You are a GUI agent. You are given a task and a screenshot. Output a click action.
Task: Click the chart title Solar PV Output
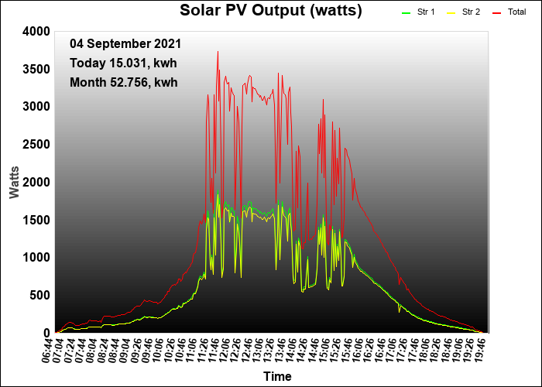271,11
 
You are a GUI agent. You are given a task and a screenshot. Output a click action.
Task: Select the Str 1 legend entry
418,12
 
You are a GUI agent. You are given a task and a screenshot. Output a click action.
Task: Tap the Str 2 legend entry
463,12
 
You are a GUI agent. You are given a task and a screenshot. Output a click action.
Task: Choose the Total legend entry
509,12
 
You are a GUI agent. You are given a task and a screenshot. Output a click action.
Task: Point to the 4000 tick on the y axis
36,32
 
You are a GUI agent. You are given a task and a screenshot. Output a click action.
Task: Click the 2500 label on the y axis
36,145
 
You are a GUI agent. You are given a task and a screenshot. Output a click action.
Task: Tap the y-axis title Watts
14,183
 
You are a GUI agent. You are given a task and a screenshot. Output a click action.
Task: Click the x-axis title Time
277,376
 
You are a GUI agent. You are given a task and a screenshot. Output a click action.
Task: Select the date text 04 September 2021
125,44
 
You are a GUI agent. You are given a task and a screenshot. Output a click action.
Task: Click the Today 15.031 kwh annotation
123,63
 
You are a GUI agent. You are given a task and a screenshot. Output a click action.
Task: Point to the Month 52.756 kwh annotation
124,83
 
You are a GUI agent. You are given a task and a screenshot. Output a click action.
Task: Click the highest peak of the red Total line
218,52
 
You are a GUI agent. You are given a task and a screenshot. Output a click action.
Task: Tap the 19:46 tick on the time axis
480,351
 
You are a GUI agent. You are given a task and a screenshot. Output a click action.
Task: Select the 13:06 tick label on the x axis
259,351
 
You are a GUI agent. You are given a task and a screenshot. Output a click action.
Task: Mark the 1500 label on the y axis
36,220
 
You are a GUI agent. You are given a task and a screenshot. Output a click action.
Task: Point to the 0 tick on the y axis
46,333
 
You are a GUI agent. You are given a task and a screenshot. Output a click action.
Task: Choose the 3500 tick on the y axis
36,69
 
